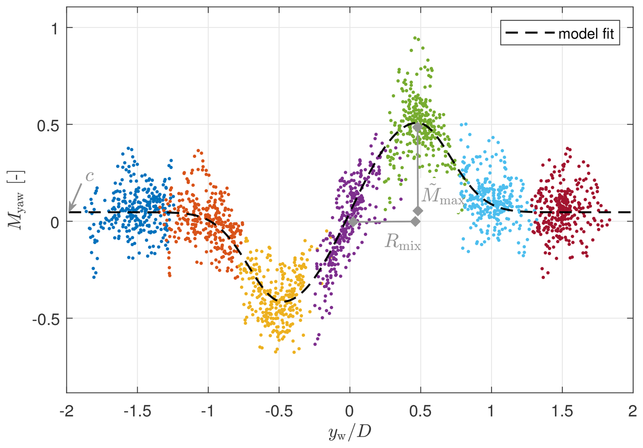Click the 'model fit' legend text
click(586, 34)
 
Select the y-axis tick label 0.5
click(48, 126)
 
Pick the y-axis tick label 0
click(55, 223)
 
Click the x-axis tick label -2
click(67, 411)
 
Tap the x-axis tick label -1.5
click(137, 411)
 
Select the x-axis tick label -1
click(208, 411)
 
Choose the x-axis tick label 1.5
click(562, 411)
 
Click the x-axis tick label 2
click(632, 411)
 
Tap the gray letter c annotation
click(90, 176)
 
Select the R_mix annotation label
click(403, 242)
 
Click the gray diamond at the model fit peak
click(417, 127)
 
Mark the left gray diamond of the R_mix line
click(353, 222)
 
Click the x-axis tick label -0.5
click(279, 411)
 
